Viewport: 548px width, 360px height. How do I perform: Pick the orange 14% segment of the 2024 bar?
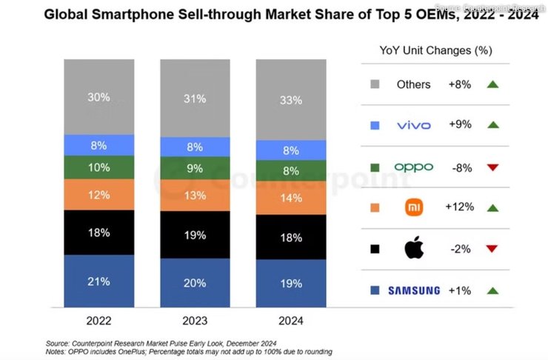point(290,199)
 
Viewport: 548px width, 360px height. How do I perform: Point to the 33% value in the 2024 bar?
point(290,99)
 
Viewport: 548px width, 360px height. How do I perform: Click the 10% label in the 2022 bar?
point(98,167)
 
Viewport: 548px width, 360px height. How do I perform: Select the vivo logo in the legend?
point(413,125)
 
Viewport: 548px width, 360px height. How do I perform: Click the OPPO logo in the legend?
point(413,167)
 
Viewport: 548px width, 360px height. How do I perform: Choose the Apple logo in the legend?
point(414,249)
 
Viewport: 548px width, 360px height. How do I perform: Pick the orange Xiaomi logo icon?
point(413,208)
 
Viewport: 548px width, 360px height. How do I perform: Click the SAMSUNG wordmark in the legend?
point(413,290)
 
